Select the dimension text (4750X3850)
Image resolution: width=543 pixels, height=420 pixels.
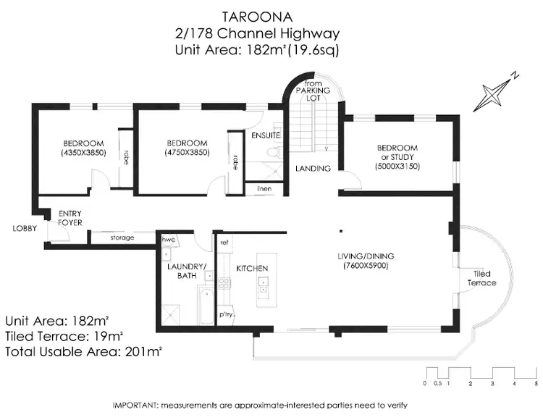[x=187, y=154]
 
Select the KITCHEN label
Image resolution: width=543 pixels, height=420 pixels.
[x=252, y=268]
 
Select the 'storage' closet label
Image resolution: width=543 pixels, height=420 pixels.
[x=122, y=237]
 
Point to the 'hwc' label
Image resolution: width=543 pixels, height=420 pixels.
[x=168, y=240]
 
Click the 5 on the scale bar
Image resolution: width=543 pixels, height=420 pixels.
[x=536, y=382]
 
